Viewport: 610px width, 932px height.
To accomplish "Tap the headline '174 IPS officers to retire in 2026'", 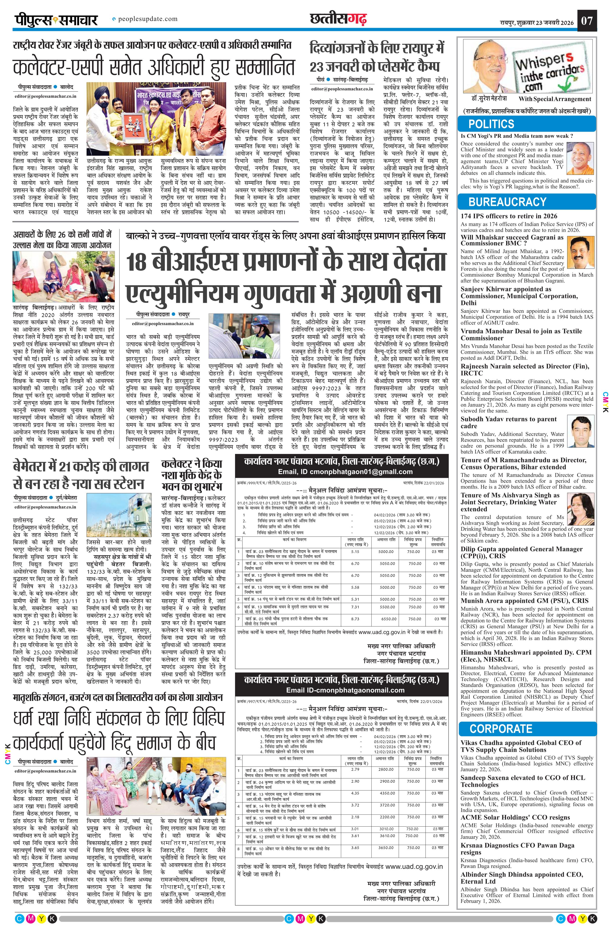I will pos(509,216).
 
